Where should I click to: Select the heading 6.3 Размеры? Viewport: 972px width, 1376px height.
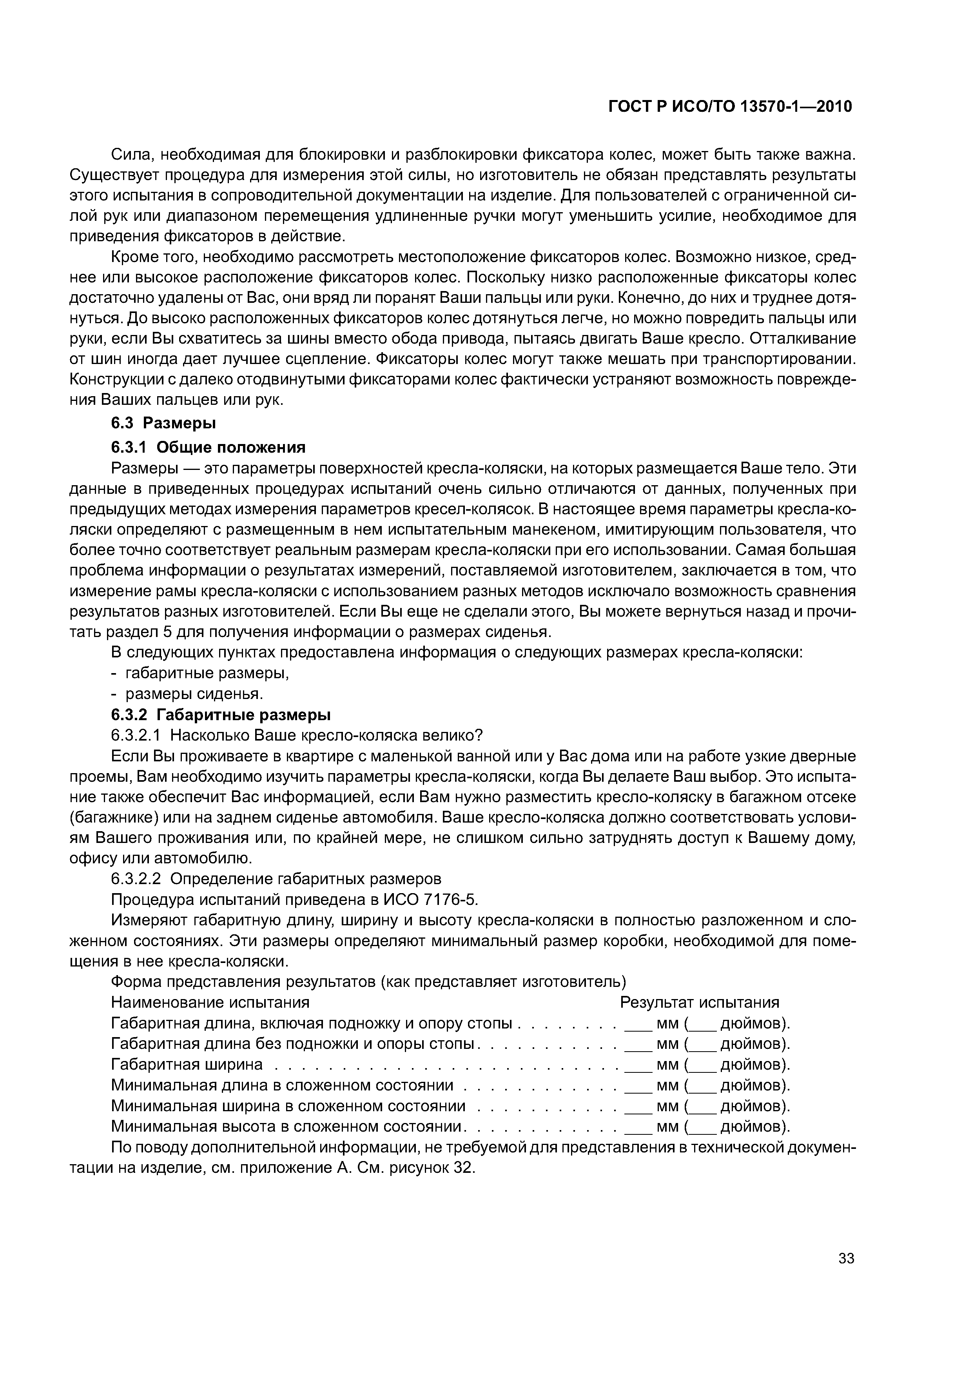coord(163,423)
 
